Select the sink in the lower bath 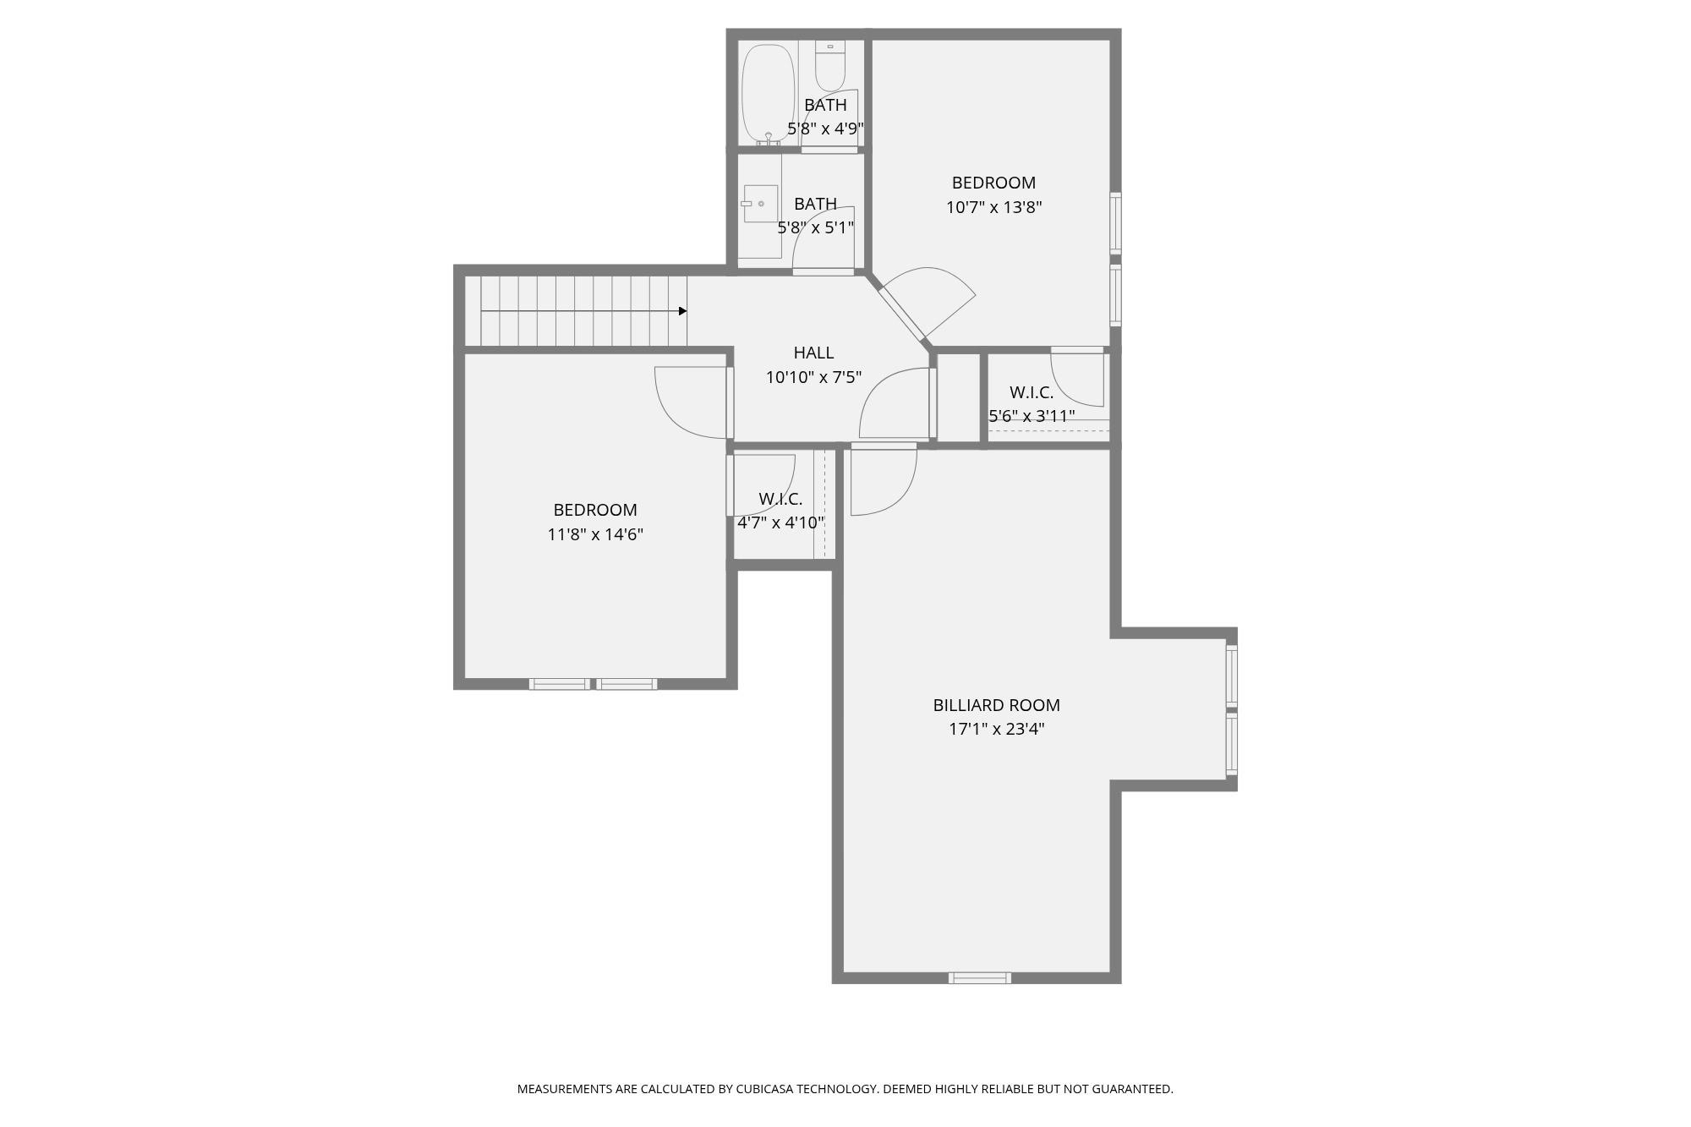pyautogui.click(x=760, y=204)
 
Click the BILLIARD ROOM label pyautogui.click(x=996, y=705)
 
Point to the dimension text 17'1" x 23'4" pyautogui.click(x=996, y=729)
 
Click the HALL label pyautogui.click(x=813, y=353)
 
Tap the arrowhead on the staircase pyautogui.click(x=682, y=311)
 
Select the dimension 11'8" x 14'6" pyautogui.click(x=595, y=534)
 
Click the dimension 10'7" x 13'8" pyautogui.click(x=993, y=207)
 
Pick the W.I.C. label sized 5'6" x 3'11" pyautogui.click(x=1032, y=392)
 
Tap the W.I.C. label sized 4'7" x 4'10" pyautogui.click(x=780, y=499)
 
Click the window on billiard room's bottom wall pyautogui.click(x=979, y=978)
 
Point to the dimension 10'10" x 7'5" pyautogui.click(x=813, y=377)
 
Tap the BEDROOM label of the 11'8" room pyautogui.click(x=595, y=510)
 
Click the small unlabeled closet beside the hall pyautogui.click(x=958, y=397)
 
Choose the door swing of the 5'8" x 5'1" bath pyautogui.click(x=823, y=238)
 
